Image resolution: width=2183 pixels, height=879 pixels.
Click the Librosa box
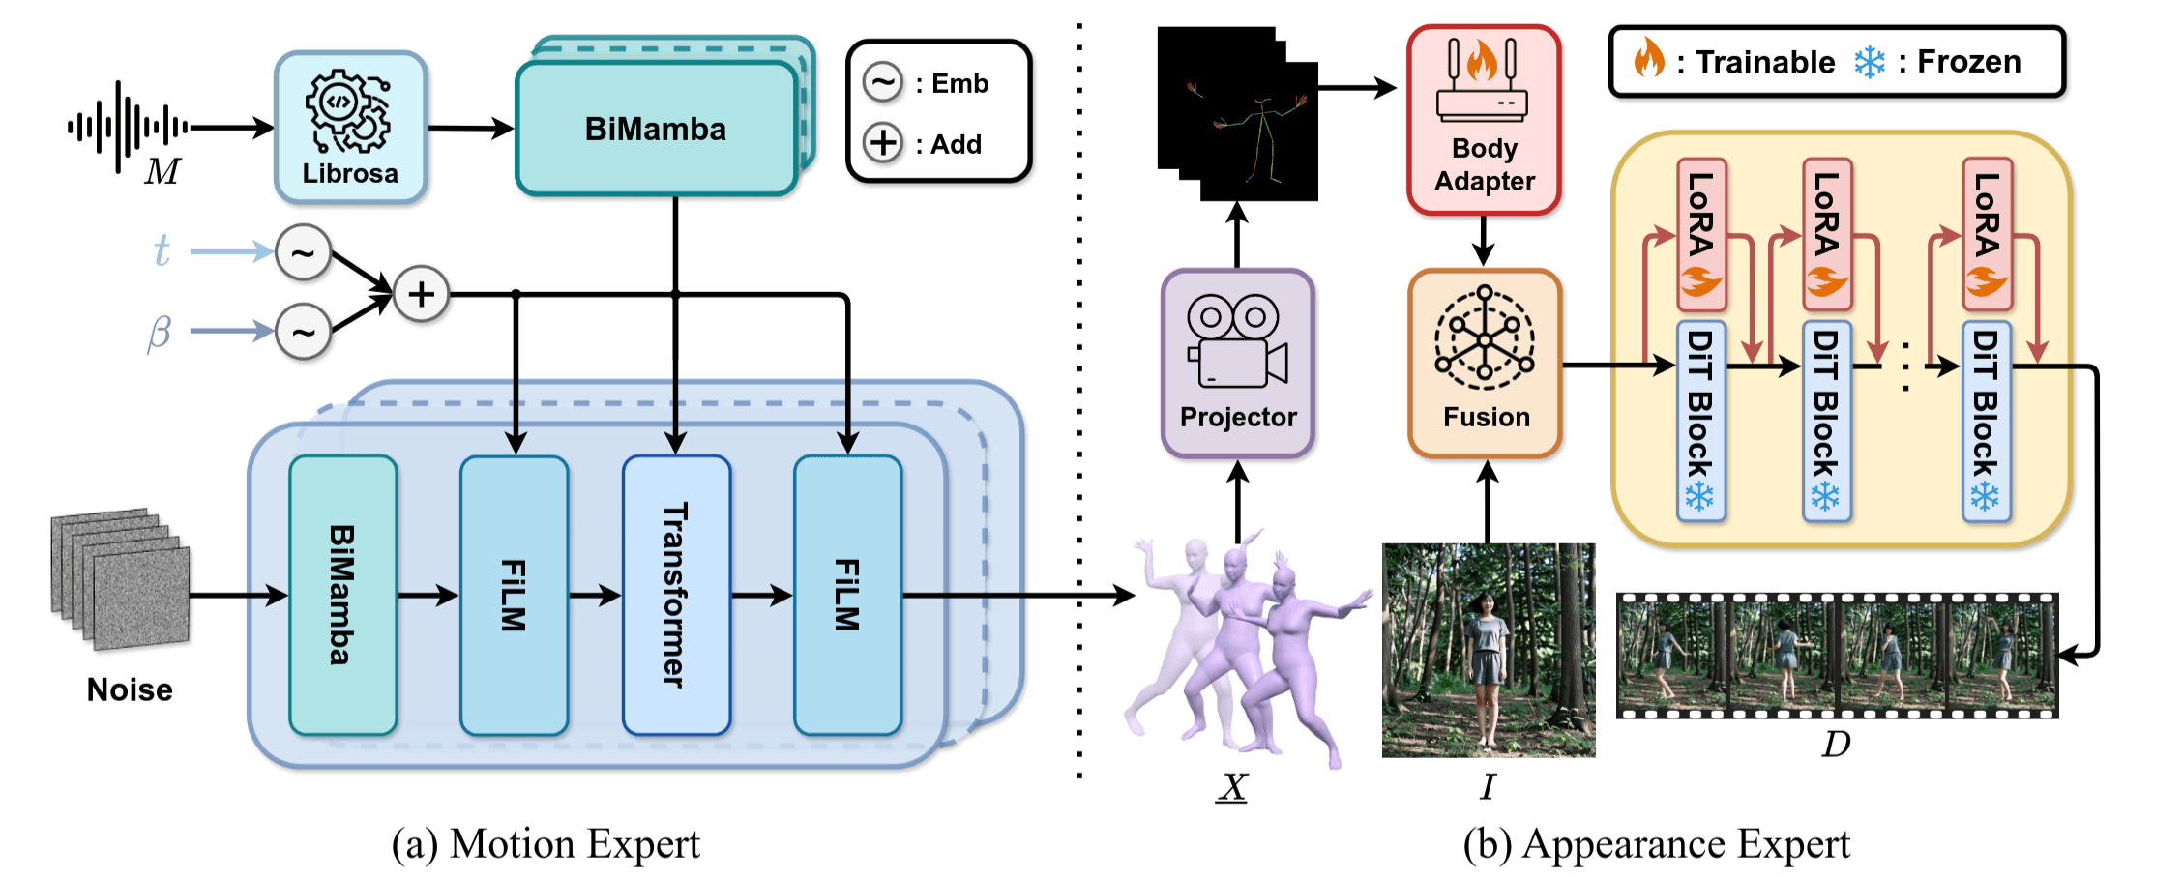click(350, 127)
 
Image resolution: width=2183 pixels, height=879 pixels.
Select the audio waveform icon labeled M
click(127, 127)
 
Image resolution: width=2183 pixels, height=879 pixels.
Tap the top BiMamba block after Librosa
click(656, 129)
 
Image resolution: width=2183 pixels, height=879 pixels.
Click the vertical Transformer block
click(676, 595)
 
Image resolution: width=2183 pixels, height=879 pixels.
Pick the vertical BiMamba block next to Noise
click(342, 595)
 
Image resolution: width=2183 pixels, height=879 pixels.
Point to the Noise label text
click(130, 689)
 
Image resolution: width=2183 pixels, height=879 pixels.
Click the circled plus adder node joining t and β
click(421, 294)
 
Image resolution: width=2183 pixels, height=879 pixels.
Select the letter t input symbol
click(162, 250)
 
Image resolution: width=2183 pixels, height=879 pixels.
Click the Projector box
click(1237, 364)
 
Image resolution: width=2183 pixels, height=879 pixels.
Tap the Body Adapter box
click(1484, 120)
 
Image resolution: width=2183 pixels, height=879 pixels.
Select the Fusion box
click(1485, 364)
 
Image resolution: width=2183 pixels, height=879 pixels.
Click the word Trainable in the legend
click(1765, 62)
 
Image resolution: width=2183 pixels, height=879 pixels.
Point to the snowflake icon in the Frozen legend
click(1869, 62)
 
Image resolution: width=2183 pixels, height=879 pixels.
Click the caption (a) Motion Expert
click(546, 844)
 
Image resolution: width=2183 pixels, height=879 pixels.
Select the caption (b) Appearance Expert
click(1656, 844)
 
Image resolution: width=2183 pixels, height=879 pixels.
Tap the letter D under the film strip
click(1836, 744)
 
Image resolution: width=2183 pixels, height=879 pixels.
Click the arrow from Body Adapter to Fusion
click(1484, 240)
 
